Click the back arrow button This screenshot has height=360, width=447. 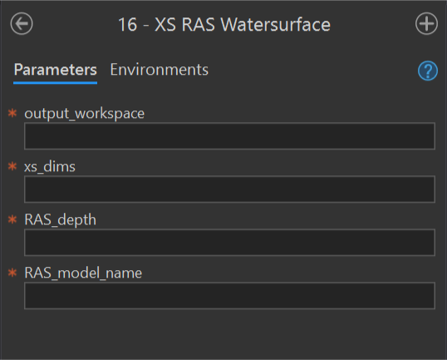pyautogui.click(x=22, y=23)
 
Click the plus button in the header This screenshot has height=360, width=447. pyautogui.click(x=426, y=23)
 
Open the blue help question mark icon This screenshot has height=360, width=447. pyautogui.click(x=428, y=71)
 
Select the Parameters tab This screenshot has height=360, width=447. pyautogui.click(x=56, y=70)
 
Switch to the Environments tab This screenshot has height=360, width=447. pyautogui.click(x=159, y=70)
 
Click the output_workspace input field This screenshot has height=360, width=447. pyautogui.click(x=229, y=136)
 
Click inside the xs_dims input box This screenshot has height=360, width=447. pyautogui.click(x=229, y=189)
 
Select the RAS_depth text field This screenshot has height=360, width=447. pyautogui.click(x=229, y=243)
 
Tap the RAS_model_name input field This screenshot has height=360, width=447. pyautogui.click(x=229, y=295)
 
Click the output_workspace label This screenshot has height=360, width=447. pyautogui.click(x=85, y=114)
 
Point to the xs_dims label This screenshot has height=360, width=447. pyautogui.click(x=50, y=166)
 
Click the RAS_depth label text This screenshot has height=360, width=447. pyautogui.click(x=60, y=220)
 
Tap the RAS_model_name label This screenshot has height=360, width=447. pyautogui.click(x=83, y=273)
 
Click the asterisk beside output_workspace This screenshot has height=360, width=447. pyautogui.click(x=12, y=113)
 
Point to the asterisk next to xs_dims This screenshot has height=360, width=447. pyautogui.click(x=12, y=166)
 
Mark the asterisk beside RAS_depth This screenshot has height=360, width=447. pyautogui.click(x=12, y=219)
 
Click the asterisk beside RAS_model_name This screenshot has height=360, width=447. pyautogui.click(x=12, y=273)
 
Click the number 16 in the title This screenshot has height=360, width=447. pyautogui.click(x=127, y=25)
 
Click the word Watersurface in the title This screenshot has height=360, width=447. pyautogui.click(x=276, y=25)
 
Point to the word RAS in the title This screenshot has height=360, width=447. pyautogui.click(x=198, y=25)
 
